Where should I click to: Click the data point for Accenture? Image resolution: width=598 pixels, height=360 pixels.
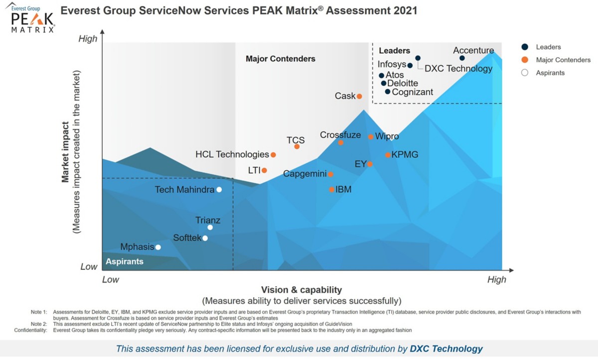(462, 58)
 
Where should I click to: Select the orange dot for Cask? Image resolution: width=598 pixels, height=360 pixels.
(359, 96)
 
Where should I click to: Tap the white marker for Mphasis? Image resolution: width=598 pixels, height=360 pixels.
(158, 247)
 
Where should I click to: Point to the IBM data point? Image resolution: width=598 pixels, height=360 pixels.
(332, 189)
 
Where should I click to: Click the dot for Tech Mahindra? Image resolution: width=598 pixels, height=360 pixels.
(219, 189)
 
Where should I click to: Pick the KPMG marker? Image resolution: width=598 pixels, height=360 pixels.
(388, 155)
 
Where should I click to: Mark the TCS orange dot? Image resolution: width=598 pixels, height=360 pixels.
(297, 146)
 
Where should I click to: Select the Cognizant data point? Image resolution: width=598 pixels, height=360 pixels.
(388, 92)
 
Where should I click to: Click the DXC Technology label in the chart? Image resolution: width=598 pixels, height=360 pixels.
(458, 69)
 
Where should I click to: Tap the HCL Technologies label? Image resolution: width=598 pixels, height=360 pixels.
(232, 155)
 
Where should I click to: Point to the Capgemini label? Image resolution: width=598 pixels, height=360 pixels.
(305, 174)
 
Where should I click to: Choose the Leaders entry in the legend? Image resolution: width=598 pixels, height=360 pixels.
(548, 47)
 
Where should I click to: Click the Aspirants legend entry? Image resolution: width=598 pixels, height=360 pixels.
(550, 73)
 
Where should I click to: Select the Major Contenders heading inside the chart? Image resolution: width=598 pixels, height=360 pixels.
(281, 59)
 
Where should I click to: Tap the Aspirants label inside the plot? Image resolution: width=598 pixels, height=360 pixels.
(124, 261)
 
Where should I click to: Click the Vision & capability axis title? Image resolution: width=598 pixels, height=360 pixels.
(301, 290)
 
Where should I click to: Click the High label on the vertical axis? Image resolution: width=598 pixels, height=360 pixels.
(88, 39)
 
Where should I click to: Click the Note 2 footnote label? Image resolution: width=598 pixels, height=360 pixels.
(38, 324)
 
